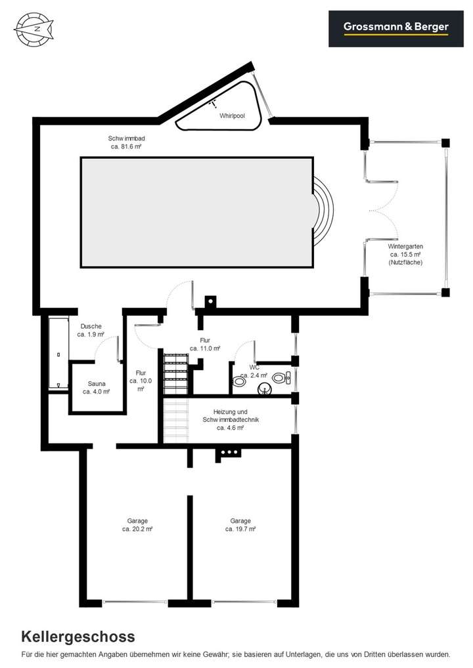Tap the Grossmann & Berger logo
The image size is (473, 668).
396,28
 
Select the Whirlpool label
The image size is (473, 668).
232,115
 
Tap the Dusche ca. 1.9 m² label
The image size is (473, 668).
91,330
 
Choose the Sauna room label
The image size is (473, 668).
96,387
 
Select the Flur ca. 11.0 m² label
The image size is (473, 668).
210,344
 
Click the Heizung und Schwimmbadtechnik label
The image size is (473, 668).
230,419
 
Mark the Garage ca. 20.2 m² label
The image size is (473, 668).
138,524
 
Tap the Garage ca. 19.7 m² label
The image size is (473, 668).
240,524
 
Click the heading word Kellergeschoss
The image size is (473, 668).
78,636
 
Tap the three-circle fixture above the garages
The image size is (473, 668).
229,452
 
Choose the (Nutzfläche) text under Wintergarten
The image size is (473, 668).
405,262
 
